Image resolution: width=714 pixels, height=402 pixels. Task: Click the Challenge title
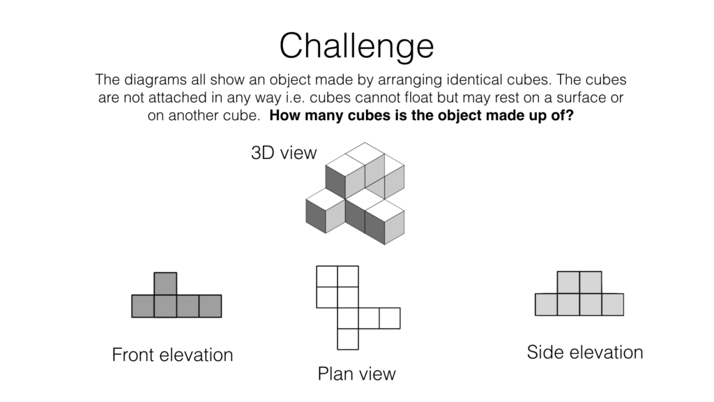coord(356,46)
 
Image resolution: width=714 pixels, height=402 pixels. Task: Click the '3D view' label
coord(283,153)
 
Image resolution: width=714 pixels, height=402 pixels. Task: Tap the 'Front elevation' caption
coord(172,355)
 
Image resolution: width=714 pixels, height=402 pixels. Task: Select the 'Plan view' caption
coord(356,373)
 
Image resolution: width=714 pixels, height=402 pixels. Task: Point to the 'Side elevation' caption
coord(584,352)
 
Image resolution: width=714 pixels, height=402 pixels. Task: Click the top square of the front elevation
coord(165,283)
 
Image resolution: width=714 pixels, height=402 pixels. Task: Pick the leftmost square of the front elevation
coord(143,306)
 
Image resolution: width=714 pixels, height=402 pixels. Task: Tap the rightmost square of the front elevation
coord(210,306)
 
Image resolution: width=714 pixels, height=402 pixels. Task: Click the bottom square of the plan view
coord(348,338)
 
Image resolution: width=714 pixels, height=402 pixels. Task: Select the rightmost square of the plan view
coord(390,318)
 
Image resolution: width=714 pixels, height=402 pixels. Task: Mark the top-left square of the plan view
coord(327,276)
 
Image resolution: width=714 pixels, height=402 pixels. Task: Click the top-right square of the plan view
coord(348,276)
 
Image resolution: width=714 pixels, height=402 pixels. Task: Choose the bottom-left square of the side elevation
coord(546,304)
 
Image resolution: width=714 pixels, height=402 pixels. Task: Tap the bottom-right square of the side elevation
coord(612,304)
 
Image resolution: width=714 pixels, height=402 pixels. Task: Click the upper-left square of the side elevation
coord(568,282)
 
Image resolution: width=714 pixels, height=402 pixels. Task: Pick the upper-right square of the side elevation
coord(591,282)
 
